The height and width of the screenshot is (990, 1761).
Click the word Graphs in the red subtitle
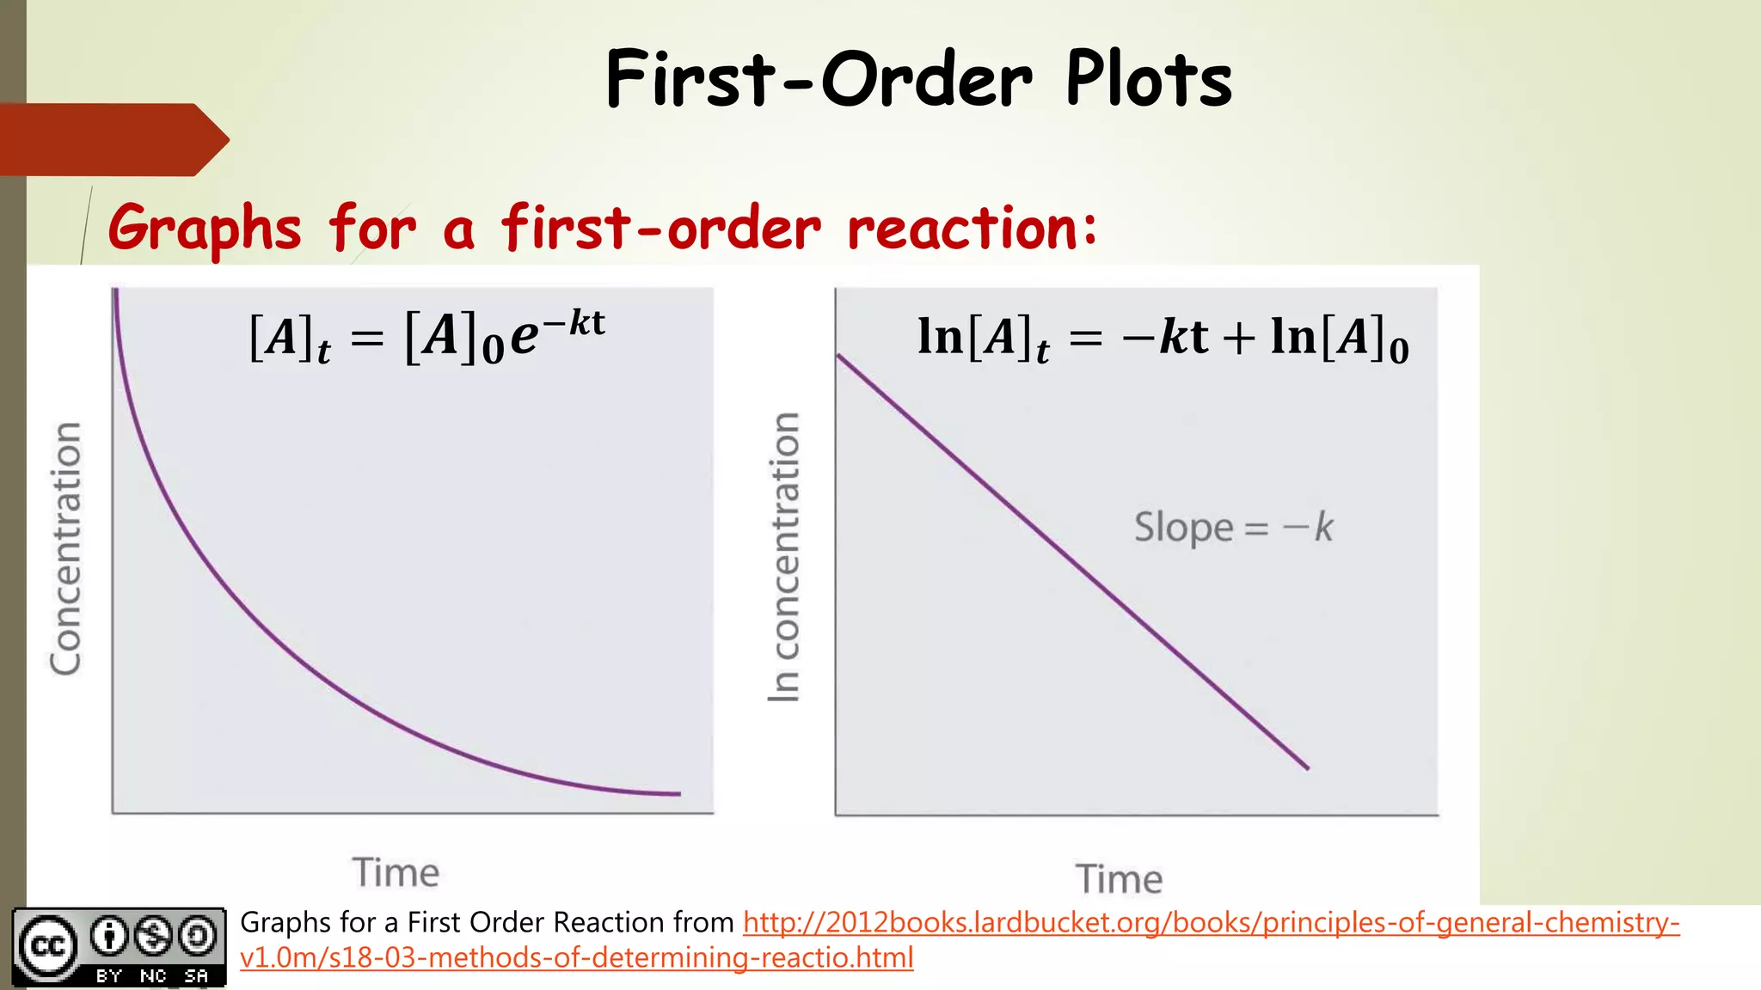(205, 229)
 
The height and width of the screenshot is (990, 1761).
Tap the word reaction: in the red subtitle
(972, 229)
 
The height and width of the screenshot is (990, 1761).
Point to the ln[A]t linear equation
(1163, 337)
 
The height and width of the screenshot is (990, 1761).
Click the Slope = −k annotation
(1233, 527)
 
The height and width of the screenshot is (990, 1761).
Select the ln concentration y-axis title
(783, 557)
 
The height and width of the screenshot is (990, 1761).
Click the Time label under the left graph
(396, 872)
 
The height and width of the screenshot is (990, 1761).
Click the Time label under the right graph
(1119, 879)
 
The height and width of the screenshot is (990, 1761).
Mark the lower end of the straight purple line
(1307, 767)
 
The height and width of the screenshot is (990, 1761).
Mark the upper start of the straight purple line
(839, 356)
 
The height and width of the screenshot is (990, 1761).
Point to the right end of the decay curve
(678, 794)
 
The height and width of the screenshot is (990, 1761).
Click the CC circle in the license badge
(47, 946)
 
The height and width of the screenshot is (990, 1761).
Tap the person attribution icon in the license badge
(109, 936)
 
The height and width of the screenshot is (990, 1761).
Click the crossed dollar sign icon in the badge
(154, 936)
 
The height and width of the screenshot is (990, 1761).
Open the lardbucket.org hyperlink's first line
(1211, 923)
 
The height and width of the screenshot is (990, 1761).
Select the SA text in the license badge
(196, 976)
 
